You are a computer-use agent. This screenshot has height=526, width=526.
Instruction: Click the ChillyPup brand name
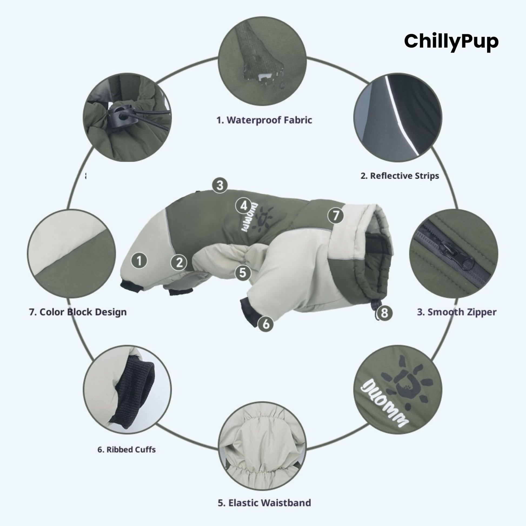(451, 41)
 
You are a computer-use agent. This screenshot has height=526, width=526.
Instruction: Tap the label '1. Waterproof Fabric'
(264, 120)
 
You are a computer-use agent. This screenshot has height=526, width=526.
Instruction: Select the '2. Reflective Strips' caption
(400, 176)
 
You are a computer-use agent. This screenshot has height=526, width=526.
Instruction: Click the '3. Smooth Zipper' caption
(457, 312)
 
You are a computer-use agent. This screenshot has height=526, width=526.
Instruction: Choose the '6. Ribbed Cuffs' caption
(126, 450)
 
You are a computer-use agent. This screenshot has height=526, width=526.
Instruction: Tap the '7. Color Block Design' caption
(78, 312)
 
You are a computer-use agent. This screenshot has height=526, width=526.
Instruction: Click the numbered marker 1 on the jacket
(139, 261)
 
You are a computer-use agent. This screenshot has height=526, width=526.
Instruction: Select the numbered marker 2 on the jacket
(179, 263)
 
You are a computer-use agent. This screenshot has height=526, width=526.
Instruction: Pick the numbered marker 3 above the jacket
(220, 185)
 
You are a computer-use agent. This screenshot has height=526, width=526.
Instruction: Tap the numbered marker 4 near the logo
(244, 206)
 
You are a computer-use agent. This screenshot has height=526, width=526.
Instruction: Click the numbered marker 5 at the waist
(243, 273)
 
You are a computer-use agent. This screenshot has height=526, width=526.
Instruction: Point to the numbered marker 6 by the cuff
(266, 324)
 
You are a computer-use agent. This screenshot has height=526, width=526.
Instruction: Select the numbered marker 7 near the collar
(335, 216)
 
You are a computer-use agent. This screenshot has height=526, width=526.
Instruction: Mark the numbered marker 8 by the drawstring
(384, 313)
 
